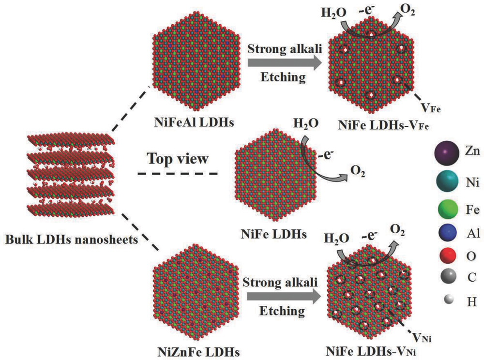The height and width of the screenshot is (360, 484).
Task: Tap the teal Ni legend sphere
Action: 447,181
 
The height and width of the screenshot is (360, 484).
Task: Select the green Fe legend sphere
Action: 448,209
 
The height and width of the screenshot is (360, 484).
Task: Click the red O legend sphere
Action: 448,255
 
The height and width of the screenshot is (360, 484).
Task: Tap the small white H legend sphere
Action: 449,299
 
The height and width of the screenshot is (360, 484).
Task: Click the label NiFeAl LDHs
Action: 194,122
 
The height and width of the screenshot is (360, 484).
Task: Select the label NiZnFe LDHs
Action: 198,352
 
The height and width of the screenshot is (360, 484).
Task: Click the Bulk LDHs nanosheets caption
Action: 71,240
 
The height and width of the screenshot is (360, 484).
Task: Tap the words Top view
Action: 178,159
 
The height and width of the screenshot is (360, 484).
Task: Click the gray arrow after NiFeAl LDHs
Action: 284,62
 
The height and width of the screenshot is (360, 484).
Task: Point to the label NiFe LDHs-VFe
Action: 383,125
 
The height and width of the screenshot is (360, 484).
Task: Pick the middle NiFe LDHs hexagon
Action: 276,175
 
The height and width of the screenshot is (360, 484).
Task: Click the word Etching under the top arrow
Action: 283,77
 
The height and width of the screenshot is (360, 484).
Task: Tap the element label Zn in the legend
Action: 472,151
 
